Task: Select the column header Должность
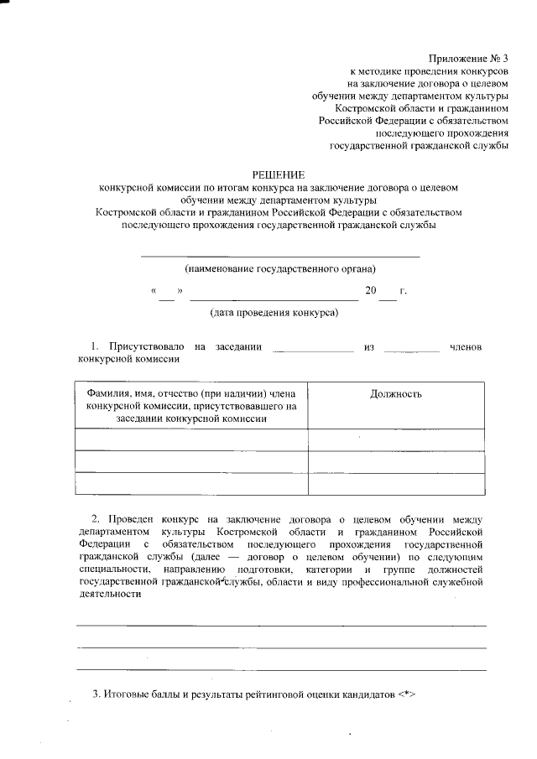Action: pos(396,394)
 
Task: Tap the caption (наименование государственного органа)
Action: pos(280,269)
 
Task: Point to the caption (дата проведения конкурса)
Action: pos(274,313)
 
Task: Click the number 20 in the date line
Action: pos(371,291)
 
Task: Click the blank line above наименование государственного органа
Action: pos(279,255)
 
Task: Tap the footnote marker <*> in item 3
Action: pos(407,695)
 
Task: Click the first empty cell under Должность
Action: pos(396,439)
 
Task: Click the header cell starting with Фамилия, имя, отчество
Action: pos(192,406)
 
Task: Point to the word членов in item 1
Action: pos(466,346)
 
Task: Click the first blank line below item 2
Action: pos(280,626)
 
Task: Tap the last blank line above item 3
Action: pos(280,669)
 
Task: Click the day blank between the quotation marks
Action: pos(166,293)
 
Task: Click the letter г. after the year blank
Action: pos(404,291)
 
